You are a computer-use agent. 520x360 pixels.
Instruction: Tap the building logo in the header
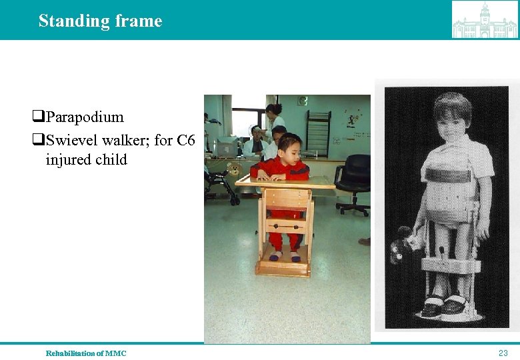coord(484,20)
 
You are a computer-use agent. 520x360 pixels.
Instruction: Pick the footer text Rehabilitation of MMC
coord(85,353)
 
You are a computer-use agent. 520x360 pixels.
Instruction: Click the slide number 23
coord(503,353)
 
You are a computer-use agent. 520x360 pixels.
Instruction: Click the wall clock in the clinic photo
coord(303,101)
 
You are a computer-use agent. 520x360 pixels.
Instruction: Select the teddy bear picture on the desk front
coord(235,167)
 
